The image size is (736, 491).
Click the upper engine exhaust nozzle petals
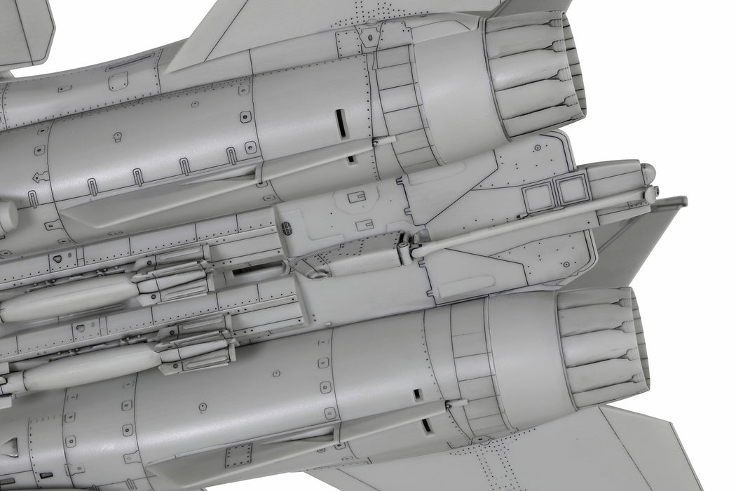(x=536, y=74)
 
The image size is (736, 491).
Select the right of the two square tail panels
(x=571, y=189)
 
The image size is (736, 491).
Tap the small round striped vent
(x=286, y=229)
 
